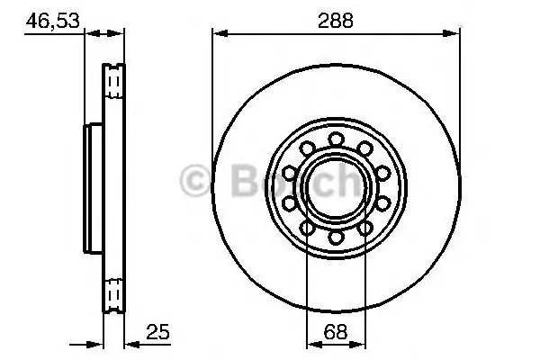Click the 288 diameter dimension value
[x=336, y=21]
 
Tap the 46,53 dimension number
[x=53, y=21]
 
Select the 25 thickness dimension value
[x=158, y=332]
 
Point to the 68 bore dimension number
[x=336, y=332]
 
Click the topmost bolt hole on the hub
[x=336, y=139]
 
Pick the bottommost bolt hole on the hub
[x=336, y=238]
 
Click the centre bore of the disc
[x=336, y=188]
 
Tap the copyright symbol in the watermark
[x=195, y=181]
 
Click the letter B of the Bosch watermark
[x=245, y=180]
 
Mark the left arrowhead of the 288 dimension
[x=220, y=33]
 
